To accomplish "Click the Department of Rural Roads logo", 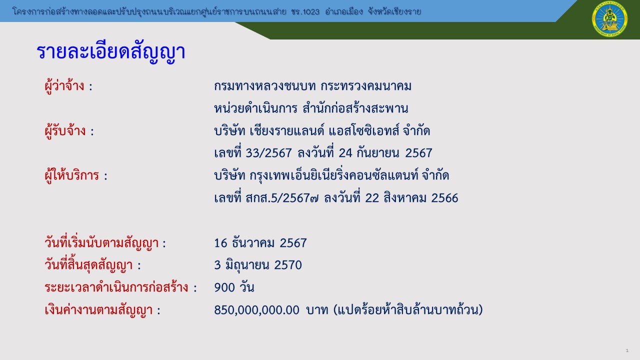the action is click(x=609, y=19).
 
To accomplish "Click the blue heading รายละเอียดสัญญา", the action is click(x=111, y=52).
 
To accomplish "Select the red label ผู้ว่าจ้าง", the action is click(x=64, y=85).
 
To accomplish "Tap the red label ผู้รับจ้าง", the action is click(x=65, y=131).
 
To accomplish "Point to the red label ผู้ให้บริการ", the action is click(x=72, y=175).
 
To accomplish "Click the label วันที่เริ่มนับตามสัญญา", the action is click(x=101, y=243).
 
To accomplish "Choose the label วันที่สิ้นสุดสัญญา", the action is click(x=88, y=265).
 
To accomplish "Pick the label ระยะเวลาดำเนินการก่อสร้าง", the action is click(x=116, y=287).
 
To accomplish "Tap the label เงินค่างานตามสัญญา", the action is click(x=98, y=310).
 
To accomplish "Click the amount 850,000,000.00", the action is click(x=256, y=310).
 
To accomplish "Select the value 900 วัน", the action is click(x=234, y=287).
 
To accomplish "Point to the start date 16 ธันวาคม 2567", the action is click(x=260, y=243).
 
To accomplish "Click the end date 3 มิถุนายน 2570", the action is click(x=258, y=265).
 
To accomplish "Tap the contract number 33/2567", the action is click(x=268, y=153).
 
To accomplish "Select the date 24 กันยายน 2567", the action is click(x=385, y=153).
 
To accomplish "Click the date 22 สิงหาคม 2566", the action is click(x=411, y=198).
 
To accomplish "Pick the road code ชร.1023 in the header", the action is click(x=305, y=11).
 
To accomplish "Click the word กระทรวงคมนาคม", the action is click(x=366, y=86).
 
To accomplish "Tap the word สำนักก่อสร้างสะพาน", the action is click(x=355, y=108).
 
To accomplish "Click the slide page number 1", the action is click(x=627, y=350).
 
